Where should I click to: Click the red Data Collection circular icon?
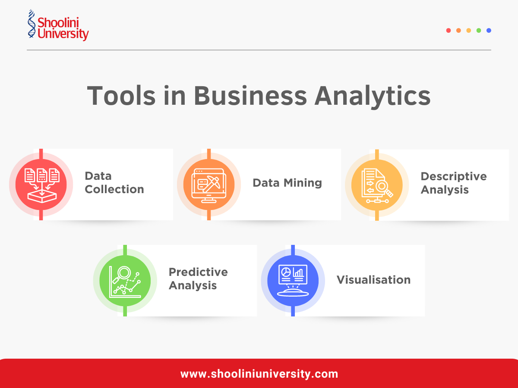coord(41,185)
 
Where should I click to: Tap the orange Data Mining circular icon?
coord(209,185)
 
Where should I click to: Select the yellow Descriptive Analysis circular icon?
coord(377,185)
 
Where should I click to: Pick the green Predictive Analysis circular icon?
coord(125,281)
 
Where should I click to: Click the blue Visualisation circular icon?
coord(293,281)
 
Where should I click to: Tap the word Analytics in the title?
coord(372,96)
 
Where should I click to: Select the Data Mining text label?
coord(287,183)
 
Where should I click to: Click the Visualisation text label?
coord(373,280)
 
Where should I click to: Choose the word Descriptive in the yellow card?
coord(454,176)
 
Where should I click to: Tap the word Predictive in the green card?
coord(198,272)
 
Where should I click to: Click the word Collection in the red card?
coord(114,189)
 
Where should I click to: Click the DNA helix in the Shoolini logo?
coord(31,25)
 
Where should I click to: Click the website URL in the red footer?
coord(259,374)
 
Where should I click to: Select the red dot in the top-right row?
coord(449,31)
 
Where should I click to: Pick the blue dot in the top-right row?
coord(489,31)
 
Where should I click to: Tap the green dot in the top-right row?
coord(479,31)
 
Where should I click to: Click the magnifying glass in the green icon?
coord(124,272)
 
